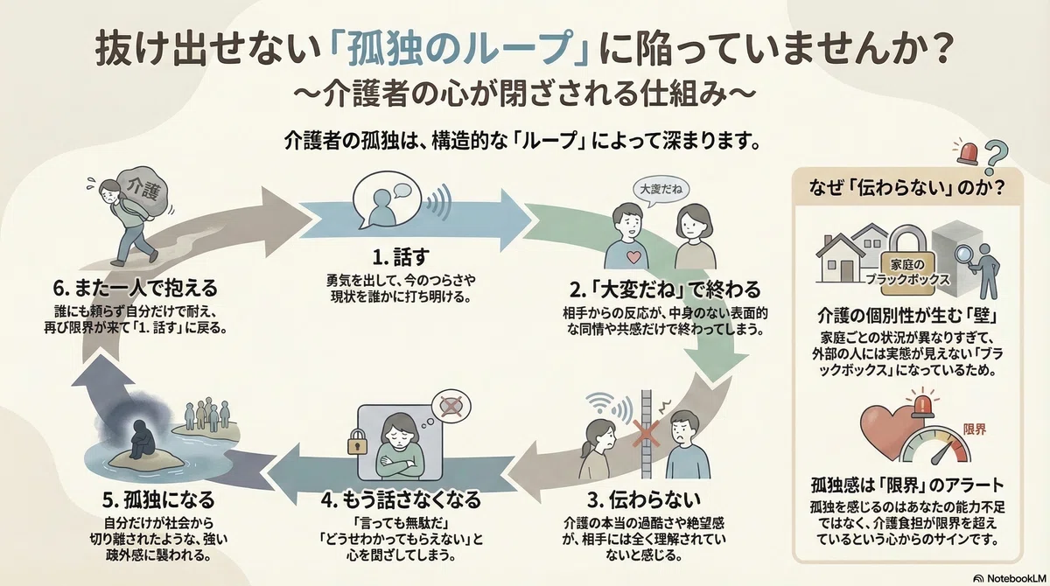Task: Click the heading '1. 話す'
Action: [x=401, y=256]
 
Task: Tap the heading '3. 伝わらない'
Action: [x=644, y=499]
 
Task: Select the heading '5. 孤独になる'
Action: [x=158, y=499]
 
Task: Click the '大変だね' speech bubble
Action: [x=661, y=191]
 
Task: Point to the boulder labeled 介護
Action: [x=143, y=192]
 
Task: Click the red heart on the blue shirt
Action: [x=633, y=257]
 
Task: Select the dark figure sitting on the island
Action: [x=140, y=439]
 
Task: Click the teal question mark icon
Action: [x=996, y=157]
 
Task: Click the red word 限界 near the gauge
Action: [x=975, y=429]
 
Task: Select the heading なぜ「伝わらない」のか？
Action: [x=907, y=188]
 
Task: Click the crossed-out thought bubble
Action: [x=451, y=406]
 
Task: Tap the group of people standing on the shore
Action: [x=206, y=415]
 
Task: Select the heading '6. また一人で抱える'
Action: [x=135, y=288]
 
